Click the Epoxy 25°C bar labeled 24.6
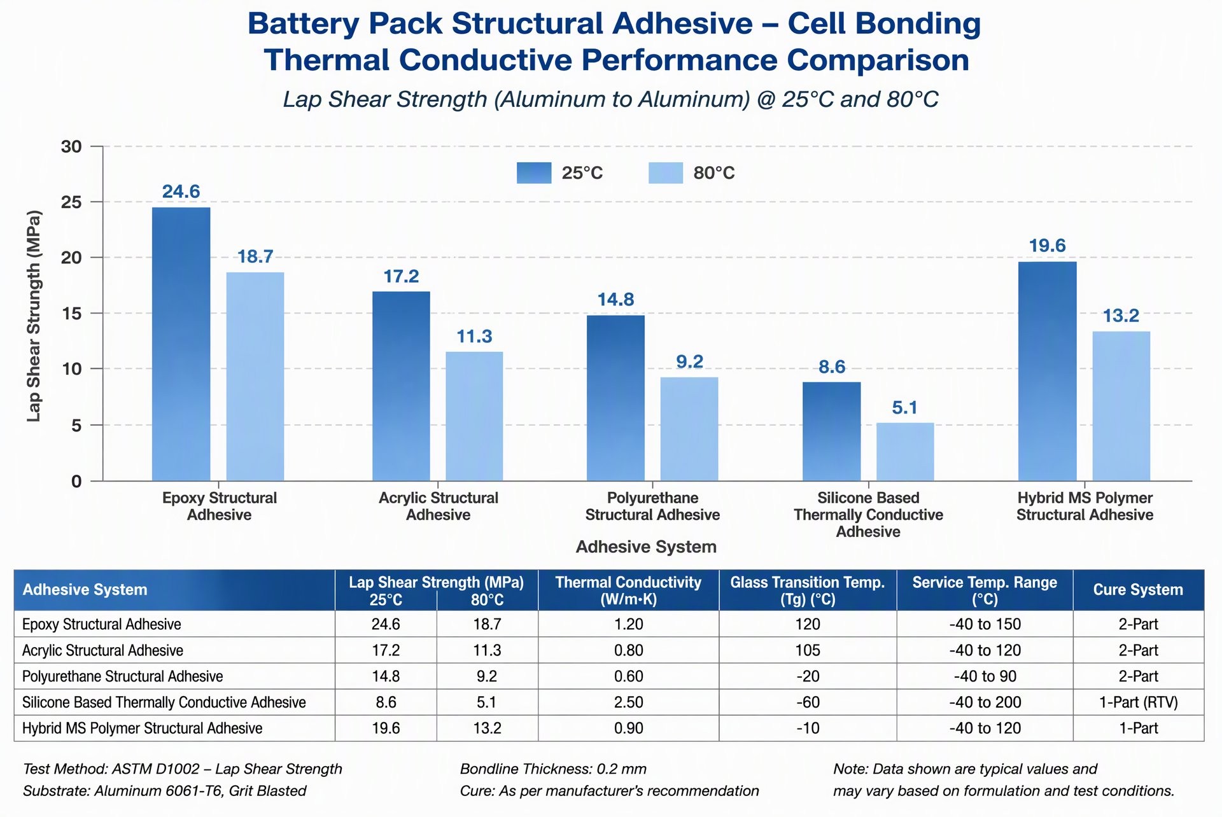[181, 344]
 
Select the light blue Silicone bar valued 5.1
[905, 452]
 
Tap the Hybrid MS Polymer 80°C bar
[1121, 406]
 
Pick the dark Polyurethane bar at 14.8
[615, 398]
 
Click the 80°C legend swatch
[666, 173]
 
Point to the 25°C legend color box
[534, 173]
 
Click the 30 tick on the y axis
[71, 147]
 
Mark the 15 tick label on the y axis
[71, 314]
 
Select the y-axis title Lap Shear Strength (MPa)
[34, 316]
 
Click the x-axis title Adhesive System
[646, 547]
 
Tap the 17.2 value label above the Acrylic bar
[401, 276]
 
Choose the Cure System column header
[1138, 590]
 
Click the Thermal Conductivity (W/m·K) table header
[628, 590]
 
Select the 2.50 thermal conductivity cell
[629, 702]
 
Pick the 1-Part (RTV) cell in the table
[1139, 702]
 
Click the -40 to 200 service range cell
[985, 702]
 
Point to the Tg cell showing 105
[808, 650]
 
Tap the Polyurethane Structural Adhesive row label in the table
[123, 676]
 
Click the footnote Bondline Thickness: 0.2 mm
[553, 769]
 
